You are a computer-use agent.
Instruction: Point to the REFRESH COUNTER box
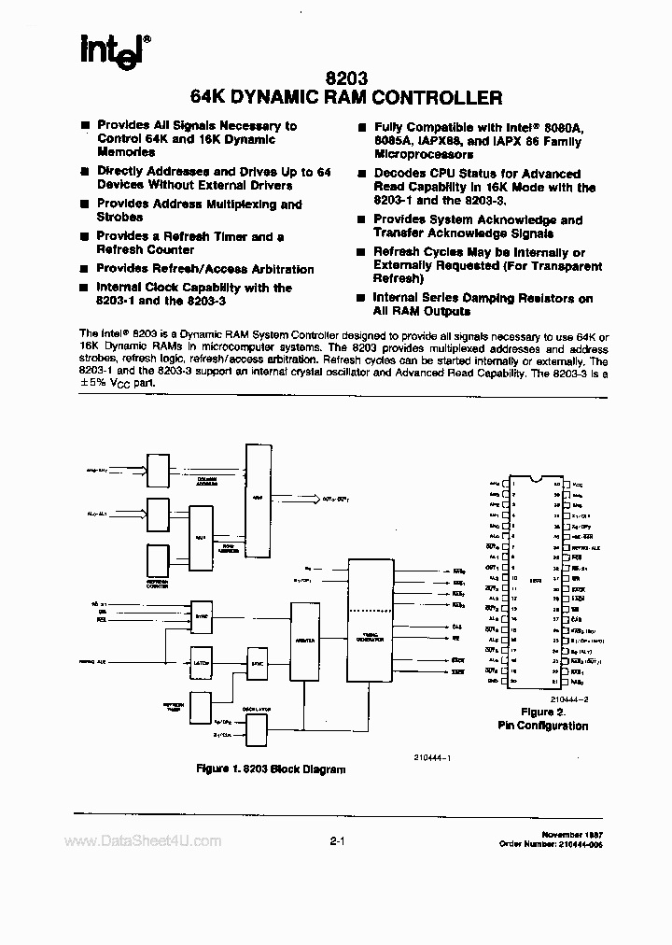coord(156,557)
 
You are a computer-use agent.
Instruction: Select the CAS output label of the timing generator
coord(457,627)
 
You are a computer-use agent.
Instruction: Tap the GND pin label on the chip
coord(492,681)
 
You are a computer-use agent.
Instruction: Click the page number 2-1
coord(337,841)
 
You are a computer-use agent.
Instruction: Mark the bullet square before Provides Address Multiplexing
coord(85,205)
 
